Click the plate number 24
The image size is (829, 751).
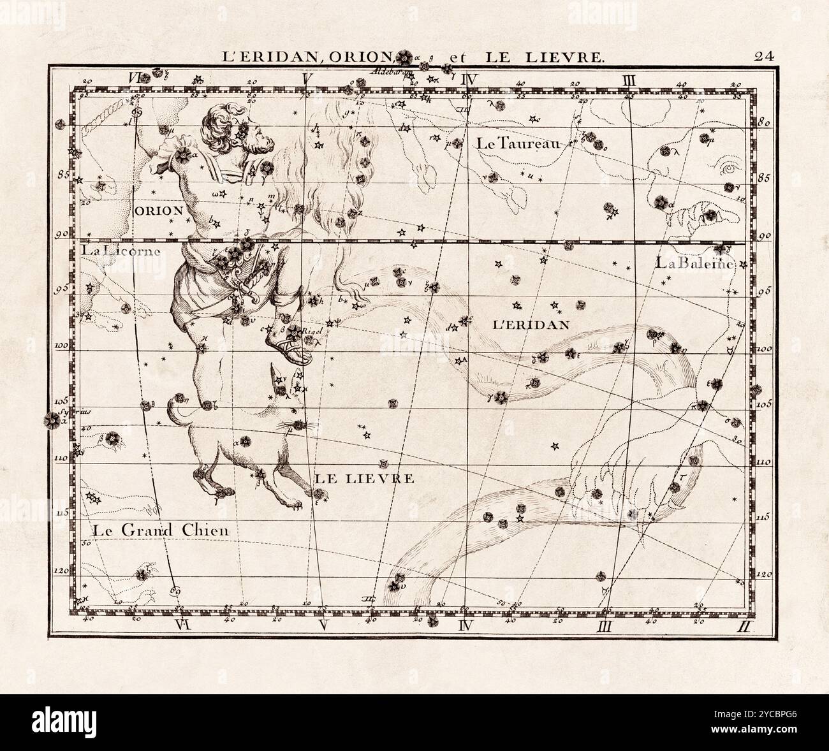point(764,55)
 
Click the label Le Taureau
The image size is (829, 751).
point(516,144)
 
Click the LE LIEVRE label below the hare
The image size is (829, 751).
point(363,478)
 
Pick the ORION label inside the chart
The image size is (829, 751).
point(159,210)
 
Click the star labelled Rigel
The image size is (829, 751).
point(294,332)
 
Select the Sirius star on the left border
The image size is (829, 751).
point(49,420)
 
